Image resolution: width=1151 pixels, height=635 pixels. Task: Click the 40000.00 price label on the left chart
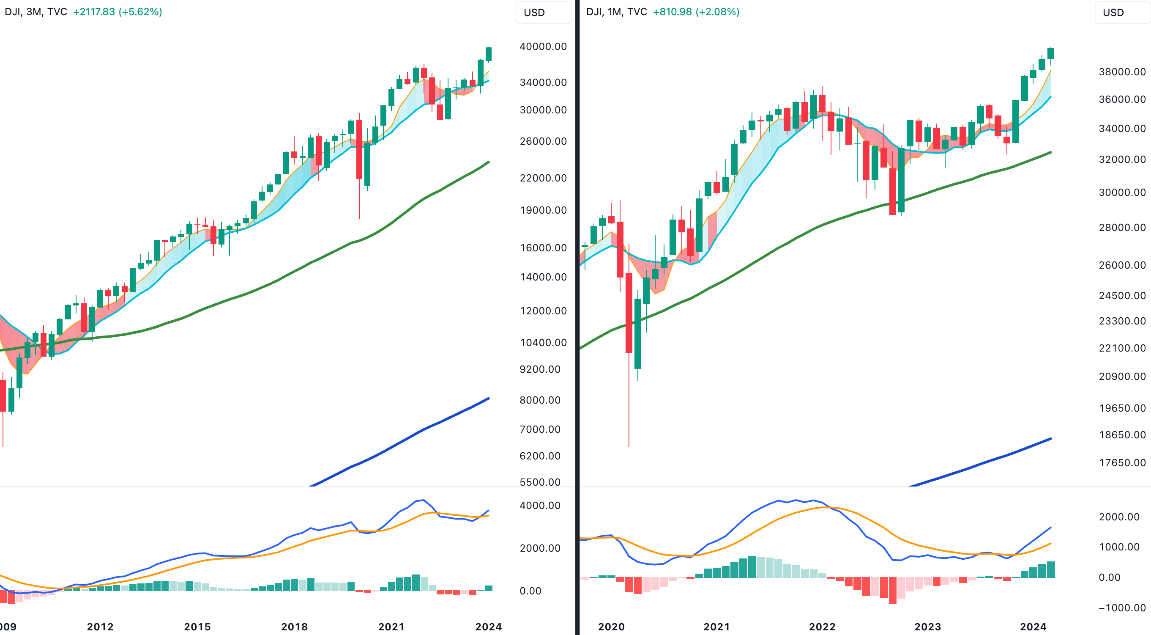tap(543, 47)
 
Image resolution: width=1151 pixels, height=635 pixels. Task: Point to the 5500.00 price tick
tap(540, 482)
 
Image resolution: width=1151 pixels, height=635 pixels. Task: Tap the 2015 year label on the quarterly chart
tap(197, 627)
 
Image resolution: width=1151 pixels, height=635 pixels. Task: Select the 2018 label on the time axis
tap(295, 627)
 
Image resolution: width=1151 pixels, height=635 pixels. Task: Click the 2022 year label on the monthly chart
tap(822, 627)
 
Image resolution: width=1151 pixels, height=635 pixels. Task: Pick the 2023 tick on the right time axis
tap(927, 627)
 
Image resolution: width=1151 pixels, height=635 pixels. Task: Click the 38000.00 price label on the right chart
tap(1122, 71)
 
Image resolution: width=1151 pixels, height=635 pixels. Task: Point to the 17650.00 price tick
tap(1122, 462)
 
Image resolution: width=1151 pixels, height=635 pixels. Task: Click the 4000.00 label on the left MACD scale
tap(540, 505)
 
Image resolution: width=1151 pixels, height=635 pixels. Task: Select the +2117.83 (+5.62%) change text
tap(118, 11)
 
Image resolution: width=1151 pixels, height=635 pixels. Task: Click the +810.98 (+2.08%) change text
tap(696, 11)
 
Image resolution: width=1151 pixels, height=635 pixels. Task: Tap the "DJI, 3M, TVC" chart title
tap(36, 11)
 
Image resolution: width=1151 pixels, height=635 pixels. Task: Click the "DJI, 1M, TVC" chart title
tap(617, 11)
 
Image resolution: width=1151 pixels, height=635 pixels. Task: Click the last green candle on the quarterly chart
tap(489, 54)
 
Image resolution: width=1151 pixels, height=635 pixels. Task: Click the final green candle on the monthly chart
tap(1050, 54)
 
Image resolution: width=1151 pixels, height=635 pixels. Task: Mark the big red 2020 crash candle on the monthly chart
tap(629, 313)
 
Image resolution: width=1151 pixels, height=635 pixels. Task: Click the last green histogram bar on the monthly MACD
tap(1050, 569)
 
